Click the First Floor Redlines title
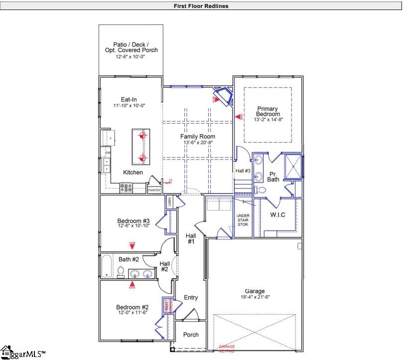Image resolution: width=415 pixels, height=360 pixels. point(201,6)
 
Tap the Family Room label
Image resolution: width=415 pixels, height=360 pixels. point(198,137)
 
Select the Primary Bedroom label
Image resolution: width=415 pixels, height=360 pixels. point(268,111)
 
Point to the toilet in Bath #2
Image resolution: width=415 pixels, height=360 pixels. point(121,272)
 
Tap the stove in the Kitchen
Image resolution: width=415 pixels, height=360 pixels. point(126,188)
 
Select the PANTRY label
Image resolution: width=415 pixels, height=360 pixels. point(154,190)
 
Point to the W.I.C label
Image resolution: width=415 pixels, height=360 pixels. point(277,215)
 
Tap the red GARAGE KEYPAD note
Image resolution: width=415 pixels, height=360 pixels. point(227,349)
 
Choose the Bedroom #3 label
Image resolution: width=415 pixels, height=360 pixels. point(133,221)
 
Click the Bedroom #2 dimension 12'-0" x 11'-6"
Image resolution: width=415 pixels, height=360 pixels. point(133,313)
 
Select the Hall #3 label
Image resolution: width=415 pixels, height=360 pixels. point(243,171)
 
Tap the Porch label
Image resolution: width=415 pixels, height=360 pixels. point(191,335)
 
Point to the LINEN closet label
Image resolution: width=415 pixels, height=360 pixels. point(169,201)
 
